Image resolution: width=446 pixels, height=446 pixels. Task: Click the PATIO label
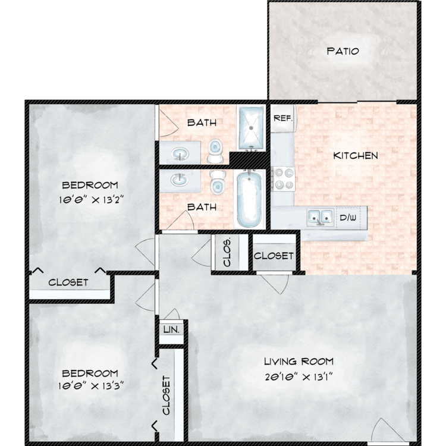pos(343,51)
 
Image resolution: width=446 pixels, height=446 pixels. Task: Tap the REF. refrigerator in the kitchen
pos(283,118)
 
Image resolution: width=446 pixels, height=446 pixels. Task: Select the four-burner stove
pos(283,178)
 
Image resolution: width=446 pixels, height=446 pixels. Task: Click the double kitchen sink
pos(321,217)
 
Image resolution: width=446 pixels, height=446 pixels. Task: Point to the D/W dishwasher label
pos(348,218)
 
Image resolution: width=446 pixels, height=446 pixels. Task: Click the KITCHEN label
pos(356,156)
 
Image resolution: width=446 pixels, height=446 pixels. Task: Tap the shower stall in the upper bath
pos(251,128)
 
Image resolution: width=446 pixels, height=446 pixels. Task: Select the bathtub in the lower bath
pos(249,199)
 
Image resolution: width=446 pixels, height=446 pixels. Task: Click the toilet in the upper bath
pos(215,151)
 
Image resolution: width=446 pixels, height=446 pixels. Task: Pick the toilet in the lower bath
pos(218,183)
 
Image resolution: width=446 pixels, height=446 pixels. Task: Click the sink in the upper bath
pos(180,153)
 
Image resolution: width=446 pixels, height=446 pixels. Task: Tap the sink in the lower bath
pos(180,180)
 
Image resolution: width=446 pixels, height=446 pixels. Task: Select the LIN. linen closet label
pos(171,329)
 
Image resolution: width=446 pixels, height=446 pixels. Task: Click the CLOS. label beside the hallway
pos(227,253)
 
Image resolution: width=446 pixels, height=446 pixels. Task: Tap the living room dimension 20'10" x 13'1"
pos(299,377)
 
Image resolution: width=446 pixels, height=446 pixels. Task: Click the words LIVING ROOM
pos(299,362)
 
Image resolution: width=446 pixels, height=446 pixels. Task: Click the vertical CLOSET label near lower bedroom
pos(166,395)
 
